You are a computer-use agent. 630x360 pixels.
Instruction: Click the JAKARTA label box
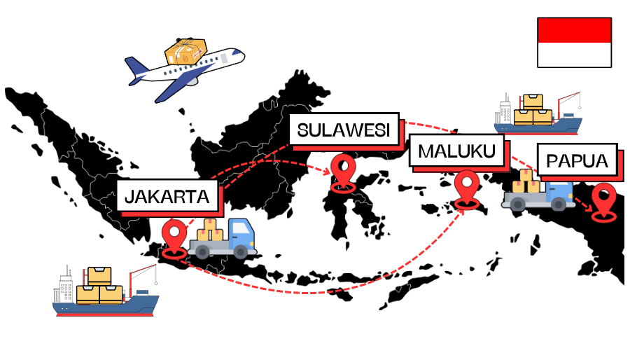(167, 196)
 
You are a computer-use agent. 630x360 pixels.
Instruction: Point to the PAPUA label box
(577, 161)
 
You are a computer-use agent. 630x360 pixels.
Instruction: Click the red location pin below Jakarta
(174, 237)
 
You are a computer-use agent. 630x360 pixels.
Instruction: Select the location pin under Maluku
(467, 188)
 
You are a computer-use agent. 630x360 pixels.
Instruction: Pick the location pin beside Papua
(603, 200)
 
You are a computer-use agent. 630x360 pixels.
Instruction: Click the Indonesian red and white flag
(574, 43)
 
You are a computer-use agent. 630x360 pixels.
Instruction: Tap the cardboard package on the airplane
(185, 51)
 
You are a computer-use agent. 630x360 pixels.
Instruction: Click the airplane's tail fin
(136, 69)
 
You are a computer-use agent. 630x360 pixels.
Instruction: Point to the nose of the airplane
(238, 53)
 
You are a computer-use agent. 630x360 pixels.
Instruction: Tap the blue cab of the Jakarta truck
(241, 234)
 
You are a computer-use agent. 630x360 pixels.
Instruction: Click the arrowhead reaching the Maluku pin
(462, 207)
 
